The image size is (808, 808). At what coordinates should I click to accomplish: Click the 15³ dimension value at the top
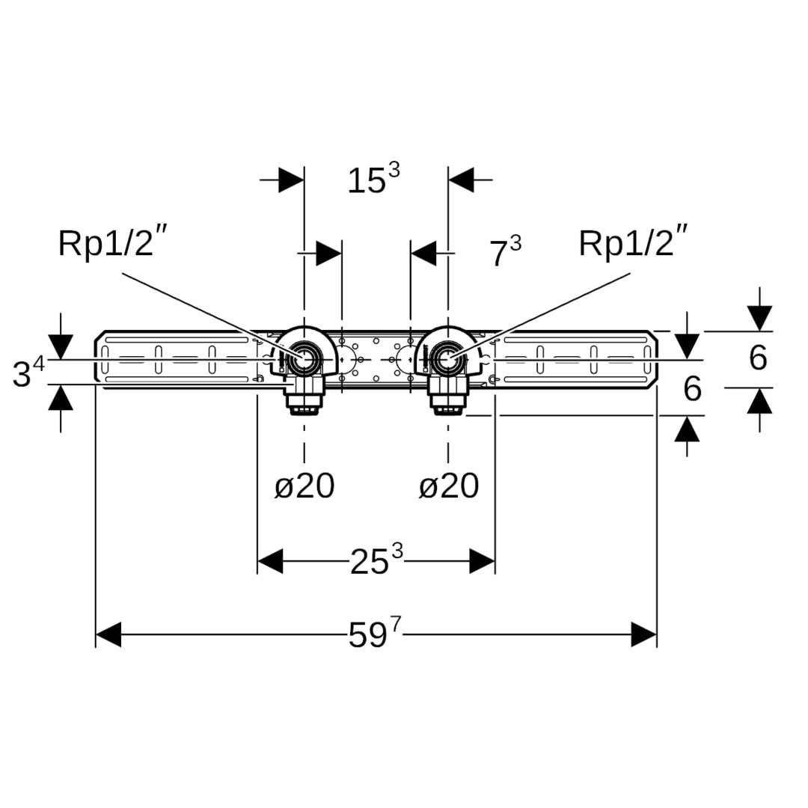373,180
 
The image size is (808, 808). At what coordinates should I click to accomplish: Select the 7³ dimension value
505,253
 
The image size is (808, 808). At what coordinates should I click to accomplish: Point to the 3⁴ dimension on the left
28,373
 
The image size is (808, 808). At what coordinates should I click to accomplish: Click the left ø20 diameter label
304,487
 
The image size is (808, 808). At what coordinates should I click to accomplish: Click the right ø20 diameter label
448,487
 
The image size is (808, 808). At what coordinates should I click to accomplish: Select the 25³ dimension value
376,560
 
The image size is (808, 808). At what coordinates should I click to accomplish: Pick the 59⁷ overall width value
375,635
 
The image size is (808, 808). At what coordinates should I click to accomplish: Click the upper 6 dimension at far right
758,359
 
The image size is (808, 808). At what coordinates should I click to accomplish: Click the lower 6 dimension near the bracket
693,390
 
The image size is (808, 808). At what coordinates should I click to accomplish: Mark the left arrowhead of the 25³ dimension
270,560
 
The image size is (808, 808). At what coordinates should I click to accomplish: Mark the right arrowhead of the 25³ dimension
482,560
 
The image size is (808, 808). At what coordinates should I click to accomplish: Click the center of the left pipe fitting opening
304,360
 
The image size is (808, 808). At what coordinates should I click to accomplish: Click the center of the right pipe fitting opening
448,360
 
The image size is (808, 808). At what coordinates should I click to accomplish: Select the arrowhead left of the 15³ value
291,180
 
